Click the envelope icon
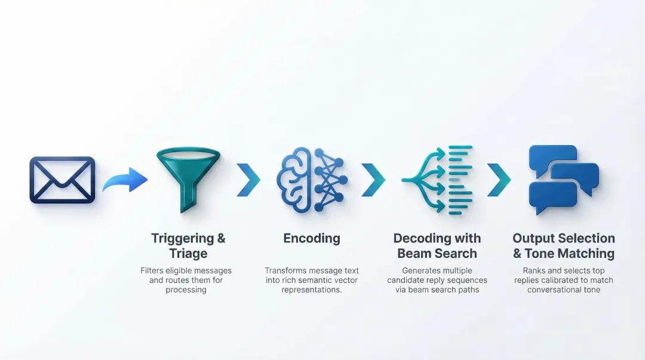pyautogui.click(x=62, y=180)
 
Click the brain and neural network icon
pyautogui.click(x=311, y=180)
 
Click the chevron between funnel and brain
pyautogui.click(x=248, y=180)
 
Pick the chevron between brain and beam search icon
pyautogui.click(x=373, y=180)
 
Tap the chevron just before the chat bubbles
pyautogui.click(x=499, y=180)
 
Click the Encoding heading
pyautogui.click(x=312, y=239)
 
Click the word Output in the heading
pyautogui.click(x=536, y=239)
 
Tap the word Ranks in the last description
pyautogui.click(x=535, y=271)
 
